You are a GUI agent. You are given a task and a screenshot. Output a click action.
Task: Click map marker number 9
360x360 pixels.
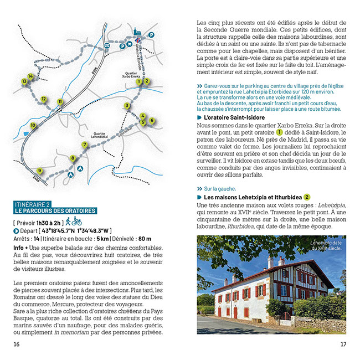39,170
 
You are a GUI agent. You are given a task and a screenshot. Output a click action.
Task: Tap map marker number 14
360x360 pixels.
30,76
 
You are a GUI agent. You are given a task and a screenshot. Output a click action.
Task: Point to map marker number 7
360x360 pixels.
85,145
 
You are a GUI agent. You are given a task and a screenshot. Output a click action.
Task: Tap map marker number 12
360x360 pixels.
43,99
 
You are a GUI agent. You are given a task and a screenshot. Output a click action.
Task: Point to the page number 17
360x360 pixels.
343,344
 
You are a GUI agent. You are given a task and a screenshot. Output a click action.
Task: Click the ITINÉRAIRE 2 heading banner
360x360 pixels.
55,208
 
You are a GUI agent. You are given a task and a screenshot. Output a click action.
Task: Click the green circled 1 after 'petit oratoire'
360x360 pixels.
280,132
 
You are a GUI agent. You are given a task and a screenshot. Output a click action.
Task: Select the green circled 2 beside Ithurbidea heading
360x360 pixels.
306,197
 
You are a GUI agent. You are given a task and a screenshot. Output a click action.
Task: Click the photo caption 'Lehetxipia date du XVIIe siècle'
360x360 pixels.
326,245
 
